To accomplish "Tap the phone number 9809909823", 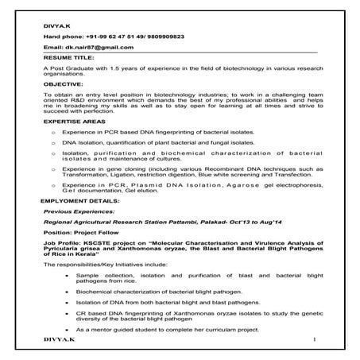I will point(164,37).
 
